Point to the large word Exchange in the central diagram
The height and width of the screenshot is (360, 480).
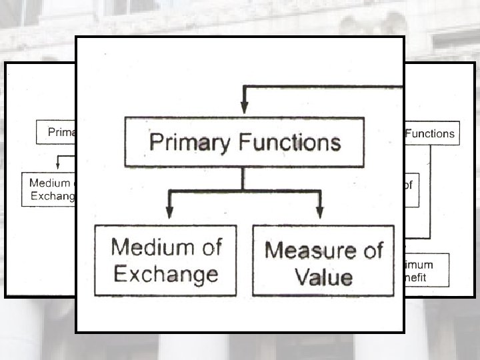[165, 274]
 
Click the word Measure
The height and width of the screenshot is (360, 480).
[305, 251]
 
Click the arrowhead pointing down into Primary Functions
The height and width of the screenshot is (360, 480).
[244, 107]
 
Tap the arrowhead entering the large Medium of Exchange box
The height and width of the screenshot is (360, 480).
[169, 211]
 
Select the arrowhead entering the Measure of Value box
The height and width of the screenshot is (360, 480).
[320, 211]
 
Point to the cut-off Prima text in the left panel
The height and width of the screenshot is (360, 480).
[61, 132]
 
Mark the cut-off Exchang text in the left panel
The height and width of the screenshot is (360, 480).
[53, 196]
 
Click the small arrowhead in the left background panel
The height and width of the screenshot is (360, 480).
[59, 165]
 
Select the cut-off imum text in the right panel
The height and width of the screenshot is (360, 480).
[418, 265]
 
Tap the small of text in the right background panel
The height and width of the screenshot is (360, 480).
[408, 185]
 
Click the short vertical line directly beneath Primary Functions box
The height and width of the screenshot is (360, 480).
[243, 178]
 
